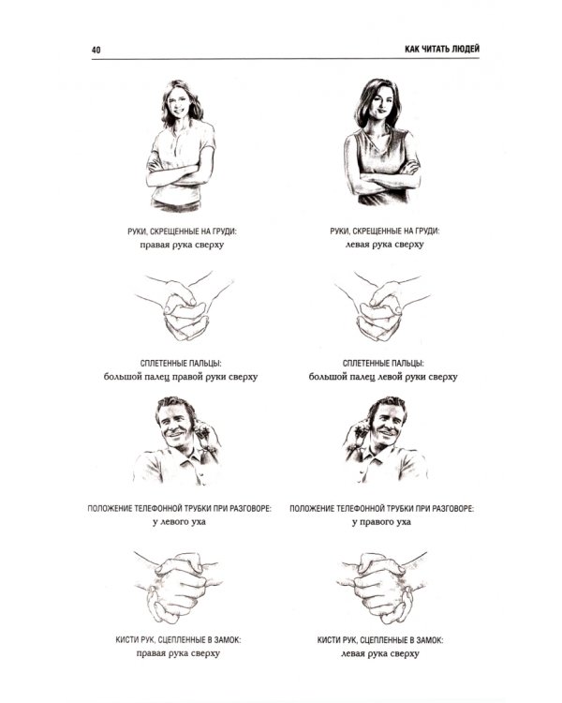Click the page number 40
click(96, 50)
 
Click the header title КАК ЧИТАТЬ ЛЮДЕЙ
click(442, 49)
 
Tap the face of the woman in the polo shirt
click(178, 104)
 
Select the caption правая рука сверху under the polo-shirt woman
click(182, 245)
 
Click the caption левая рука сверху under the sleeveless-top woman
click(385, 245)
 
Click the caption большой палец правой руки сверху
click(181, 377)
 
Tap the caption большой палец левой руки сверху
click(383, 377)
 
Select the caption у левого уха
click(179, 522)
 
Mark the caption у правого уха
click(381, 522)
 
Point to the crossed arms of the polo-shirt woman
click(179, 175)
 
